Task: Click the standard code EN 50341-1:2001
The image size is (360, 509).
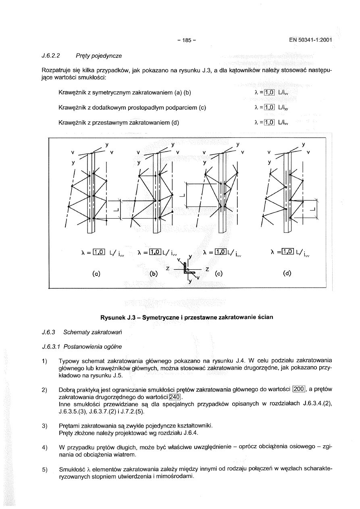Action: (310, 40)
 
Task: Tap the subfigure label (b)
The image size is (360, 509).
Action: (154, 273)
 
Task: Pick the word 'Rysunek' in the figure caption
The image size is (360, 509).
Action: (113, 317)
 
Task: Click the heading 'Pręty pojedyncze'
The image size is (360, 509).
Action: (99, 55)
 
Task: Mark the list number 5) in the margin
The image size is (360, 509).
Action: (45, 469)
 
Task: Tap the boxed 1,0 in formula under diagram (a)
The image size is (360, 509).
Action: (99, 252)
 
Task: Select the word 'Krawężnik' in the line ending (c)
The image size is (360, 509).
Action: (72, 107)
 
